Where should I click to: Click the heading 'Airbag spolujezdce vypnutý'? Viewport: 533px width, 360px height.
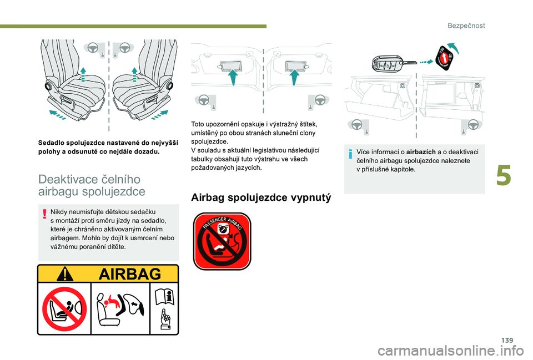260,197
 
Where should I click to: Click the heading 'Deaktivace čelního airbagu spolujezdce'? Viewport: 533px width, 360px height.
92,185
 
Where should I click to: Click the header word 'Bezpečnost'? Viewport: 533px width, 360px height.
467,26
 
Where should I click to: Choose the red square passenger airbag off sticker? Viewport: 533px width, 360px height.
222,241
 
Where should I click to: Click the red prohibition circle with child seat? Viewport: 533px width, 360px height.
65,308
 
